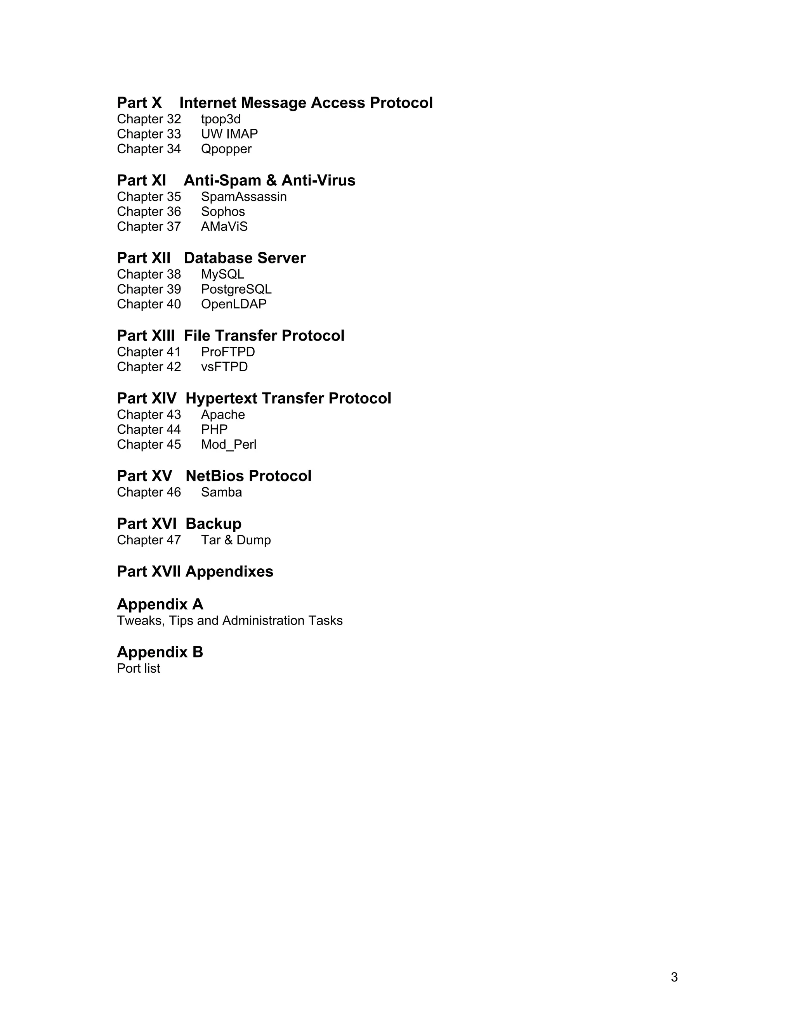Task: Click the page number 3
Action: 674,977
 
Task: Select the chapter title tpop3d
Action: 220,119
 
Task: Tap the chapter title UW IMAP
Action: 229,134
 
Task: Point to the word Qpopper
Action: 226,149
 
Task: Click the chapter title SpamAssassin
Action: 243,197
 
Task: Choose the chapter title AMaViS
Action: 224,227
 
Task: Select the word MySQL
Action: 222,274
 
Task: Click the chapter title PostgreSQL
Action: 236,289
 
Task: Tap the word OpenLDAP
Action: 234,304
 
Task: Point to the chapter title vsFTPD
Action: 224,367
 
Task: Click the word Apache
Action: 223,415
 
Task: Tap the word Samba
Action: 221,492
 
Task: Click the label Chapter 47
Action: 149,540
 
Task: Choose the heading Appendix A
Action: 160,604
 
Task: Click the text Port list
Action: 139,668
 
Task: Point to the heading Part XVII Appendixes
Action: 195,571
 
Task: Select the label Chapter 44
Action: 149,429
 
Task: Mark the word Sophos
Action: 223,212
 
